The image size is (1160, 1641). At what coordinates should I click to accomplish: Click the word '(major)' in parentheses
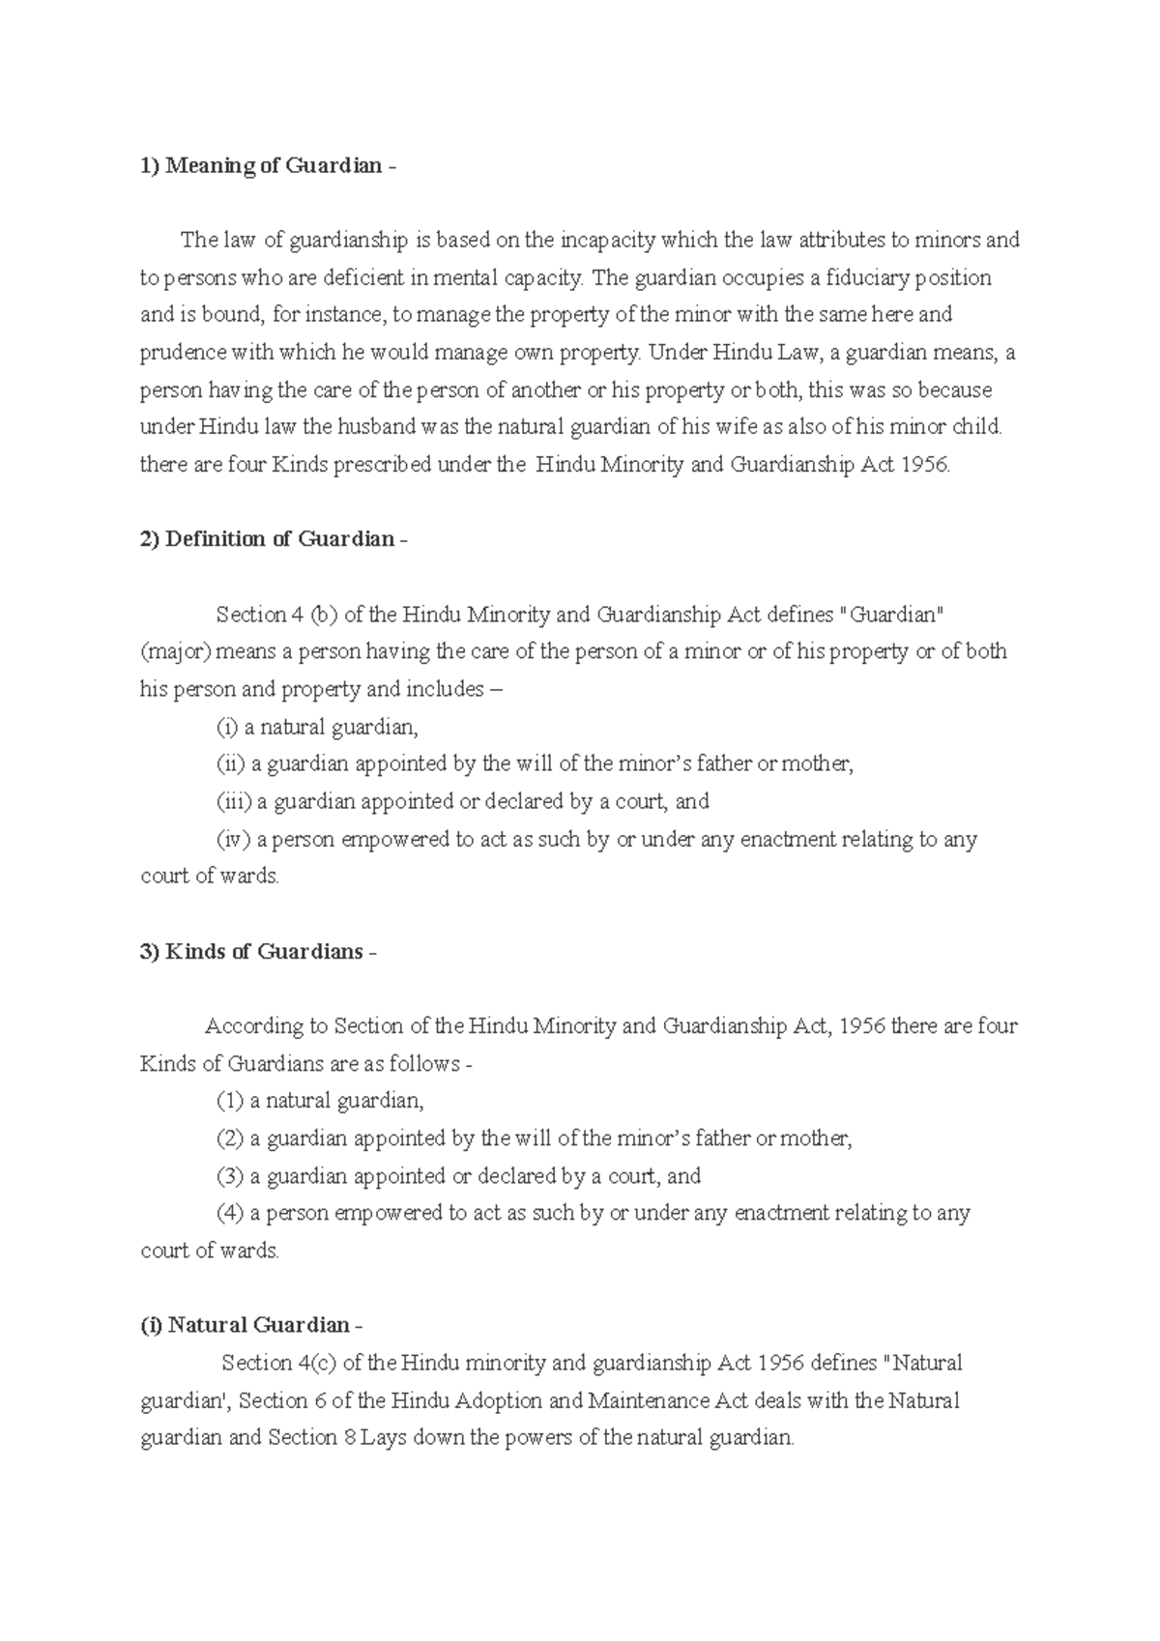[x=175, y=651]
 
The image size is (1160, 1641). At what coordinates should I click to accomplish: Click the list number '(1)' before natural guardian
[x=229, y=1101]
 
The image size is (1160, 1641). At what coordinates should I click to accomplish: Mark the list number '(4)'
[x=229, y=1213]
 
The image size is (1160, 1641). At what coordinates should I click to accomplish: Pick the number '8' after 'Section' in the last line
[x=349, y=1438]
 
